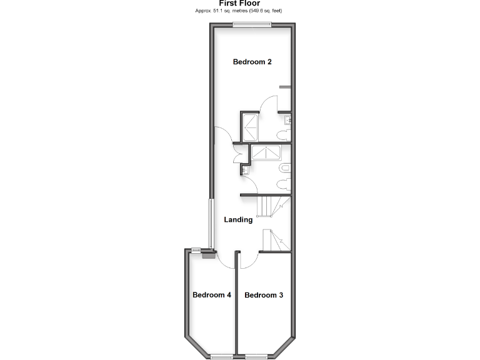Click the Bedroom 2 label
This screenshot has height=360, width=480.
point(252,62)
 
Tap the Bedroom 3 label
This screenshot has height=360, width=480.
point(263,295)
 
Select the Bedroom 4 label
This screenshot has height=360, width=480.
point(212,295)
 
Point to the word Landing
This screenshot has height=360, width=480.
point(238,219)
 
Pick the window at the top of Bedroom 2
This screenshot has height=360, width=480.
point(252,25)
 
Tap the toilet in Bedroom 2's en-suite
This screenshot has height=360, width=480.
point(284,136)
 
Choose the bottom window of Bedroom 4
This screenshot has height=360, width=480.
point(221,356)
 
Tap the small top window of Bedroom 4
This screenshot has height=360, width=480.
point(196,250)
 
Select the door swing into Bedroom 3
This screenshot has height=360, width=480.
point(248,261)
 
